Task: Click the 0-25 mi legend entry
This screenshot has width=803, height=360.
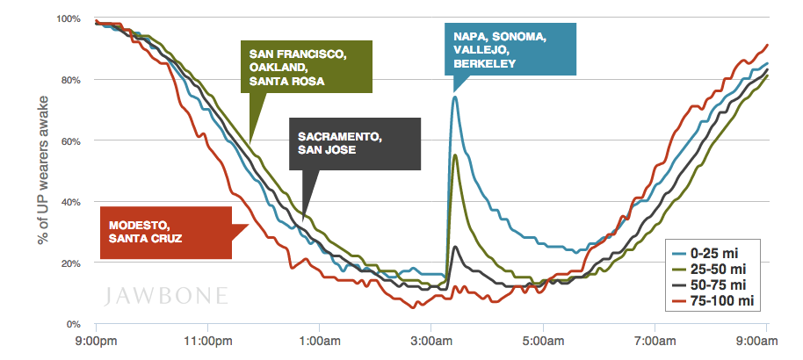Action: point(715,253)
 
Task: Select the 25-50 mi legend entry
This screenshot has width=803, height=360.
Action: point(715,269)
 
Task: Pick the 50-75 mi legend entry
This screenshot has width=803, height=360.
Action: point(715,284)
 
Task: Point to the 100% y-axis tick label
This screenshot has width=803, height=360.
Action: point(68,18)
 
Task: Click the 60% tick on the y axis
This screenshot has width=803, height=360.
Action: point(71,140)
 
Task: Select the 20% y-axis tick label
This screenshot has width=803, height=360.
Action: point(71,263)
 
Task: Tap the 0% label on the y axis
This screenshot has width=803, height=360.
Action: point(74,325)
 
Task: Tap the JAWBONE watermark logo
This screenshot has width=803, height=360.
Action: point(163,292)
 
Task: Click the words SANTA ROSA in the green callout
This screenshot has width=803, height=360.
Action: point(285,81)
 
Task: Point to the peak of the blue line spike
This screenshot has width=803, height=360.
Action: point(454,97)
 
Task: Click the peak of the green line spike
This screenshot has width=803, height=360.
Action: point(454,155)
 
